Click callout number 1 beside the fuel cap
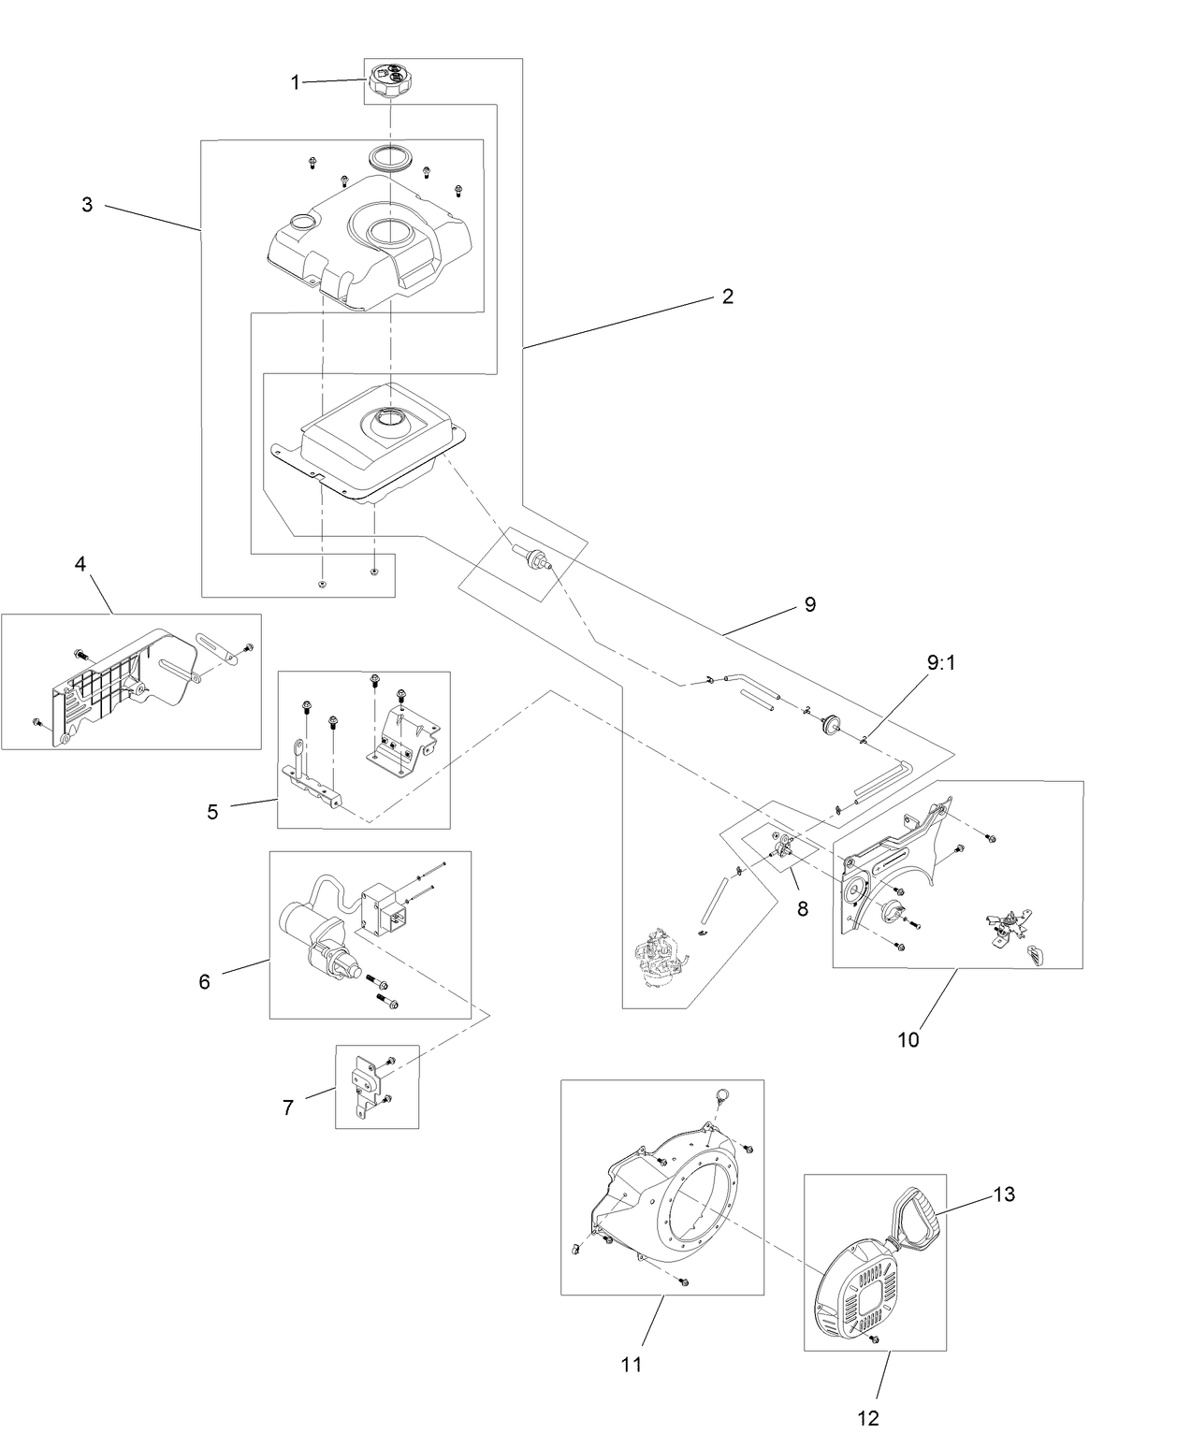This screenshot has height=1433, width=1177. (295, 82)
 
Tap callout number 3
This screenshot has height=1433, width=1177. (87, 205)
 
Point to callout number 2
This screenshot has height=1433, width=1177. (727, 297)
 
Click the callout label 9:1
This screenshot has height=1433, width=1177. (941, 662)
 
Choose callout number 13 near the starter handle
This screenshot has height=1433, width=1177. (1003, 1194)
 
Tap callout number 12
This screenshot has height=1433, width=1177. (868, 1417)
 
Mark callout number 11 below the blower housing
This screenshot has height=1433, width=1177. (632, 1364)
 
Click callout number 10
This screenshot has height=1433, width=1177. (908, 1038)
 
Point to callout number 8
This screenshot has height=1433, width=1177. (802, 906)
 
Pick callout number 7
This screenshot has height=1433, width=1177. (287, 1107)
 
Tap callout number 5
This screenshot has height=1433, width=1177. (212, 811)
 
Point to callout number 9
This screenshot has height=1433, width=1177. (809, 604)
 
